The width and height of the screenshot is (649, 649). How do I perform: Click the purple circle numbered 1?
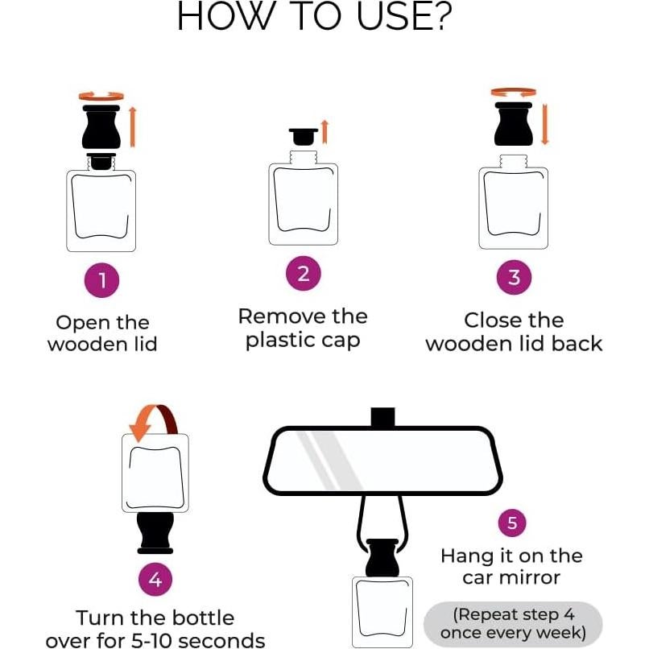[101, 280]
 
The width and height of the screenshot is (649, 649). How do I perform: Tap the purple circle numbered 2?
[304, 274]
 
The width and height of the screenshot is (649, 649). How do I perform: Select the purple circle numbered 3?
[514, 277]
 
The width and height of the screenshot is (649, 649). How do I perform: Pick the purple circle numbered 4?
[155, 579]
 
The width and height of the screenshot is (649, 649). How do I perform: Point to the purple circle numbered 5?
[512, 523]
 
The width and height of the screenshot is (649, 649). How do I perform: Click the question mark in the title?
[439, 16]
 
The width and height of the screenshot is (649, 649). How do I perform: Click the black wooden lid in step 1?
[101, 126]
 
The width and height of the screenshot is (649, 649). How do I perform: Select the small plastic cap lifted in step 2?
[304, 137]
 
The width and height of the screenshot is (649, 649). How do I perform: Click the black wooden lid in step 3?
[514, 124]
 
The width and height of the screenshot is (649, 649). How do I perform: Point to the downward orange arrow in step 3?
[544, 124]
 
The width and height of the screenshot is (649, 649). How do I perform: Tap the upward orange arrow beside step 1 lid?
[132, 126]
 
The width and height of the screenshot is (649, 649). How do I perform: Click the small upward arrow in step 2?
[325, 132]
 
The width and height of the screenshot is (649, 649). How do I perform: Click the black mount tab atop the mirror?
[382, 417]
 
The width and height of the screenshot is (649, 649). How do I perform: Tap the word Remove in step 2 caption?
[279, 317]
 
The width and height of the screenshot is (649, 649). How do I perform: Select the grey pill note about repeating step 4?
[513, 624]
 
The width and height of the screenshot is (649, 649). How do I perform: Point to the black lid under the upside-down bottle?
[155, 533]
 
